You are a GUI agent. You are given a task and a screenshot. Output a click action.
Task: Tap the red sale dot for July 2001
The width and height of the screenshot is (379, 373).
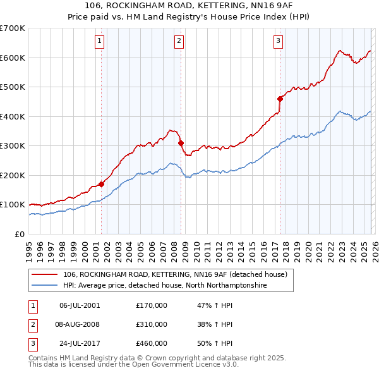[101, 184]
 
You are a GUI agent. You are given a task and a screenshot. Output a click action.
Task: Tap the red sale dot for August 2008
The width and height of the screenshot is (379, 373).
[181, 144]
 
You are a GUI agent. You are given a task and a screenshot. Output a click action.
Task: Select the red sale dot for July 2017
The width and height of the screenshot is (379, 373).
[280, 99]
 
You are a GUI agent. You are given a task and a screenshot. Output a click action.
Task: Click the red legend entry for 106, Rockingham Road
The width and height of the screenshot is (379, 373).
[175, 274]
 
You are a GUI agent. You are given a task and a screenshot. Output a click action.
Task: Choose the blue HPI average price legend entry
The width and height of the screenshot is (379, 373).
[165, 286]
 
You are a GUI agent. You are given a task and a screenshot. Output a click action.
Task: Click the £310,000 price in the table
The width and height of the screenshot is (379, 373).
[152, 324]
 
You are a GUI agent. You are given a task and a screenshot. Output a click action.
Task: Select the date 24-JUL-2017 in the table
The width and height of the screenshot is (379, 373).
[79, 344]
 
